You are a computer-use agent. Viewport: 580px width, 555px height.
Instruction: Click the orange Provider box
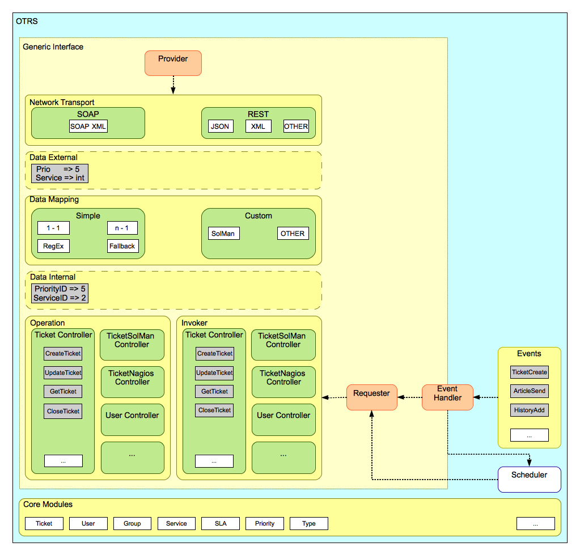tap(173, 63)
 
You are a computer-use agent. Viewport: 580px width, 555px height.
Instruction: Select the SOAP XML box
tap(88, 126)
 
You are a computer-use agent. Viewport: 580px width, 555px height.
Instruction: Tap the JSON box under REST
tap(220, 126)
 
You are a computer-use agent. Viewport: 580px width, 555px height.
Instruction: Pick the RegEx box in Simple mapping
tap(53, 246)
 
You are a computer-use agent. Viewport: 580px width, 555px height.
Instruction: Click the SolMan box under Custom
tap(223, 233)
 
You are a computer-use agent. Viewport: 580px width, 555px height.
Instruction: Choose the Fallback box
tap(122, 246)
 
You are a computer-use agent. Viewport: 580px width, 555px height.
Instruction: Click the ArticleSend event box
tap(530, 391)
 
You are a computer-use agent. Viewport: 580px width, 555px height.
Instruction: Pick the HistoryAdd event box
tap(530, 410)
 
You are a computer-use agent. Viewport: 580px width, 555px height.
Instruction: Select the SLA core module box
tap(221, 523)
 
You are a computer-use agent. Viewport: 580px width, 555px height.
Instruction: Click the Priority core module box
tap(265, 523)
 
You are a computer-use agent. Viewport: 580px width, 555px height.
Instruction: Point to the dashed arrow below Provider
tap(173, 85)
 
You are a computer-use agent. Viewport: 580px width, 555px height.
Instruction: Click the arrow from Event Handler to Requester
tap(410, 397)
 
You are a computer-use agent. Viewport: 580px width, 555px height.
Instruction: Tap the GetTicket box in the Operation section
tap(63, 391)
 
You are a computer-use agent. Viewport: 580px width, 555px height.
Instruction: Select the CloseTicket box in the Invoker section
tap(214, 410)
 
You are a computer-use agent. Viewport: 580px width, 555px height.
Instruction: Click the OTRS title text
tap(27, 22)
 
